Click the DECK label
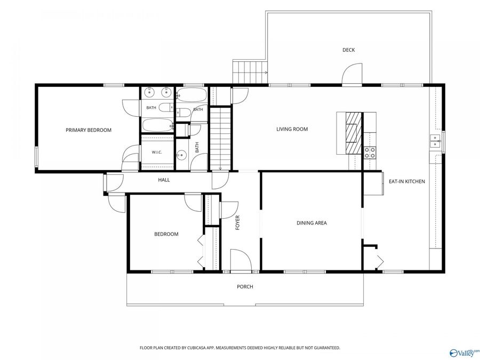pos(348,50)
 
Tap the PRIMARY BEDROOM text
pos(89,130)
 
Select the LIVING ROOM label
pos(292,129)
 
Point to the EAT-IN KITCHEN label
pos(407,181)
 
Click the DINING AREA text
pos(311,223)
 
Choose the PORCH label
pos(245,287)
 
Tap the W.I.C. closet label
pos(157,152)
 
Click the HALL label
pos(164,180)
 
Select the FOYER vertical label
pos(237,222)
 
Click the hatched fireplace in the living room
pos(354,133)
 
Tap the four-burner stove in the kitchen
pos(370,153)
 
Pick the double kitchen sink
pos(435,141)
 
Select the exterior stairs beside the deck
pos(250,72)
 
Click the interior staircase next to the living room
pos(220,138)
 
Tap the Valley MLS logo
pos(465,353)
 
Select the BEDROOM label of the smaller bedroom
pos(166,234)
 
